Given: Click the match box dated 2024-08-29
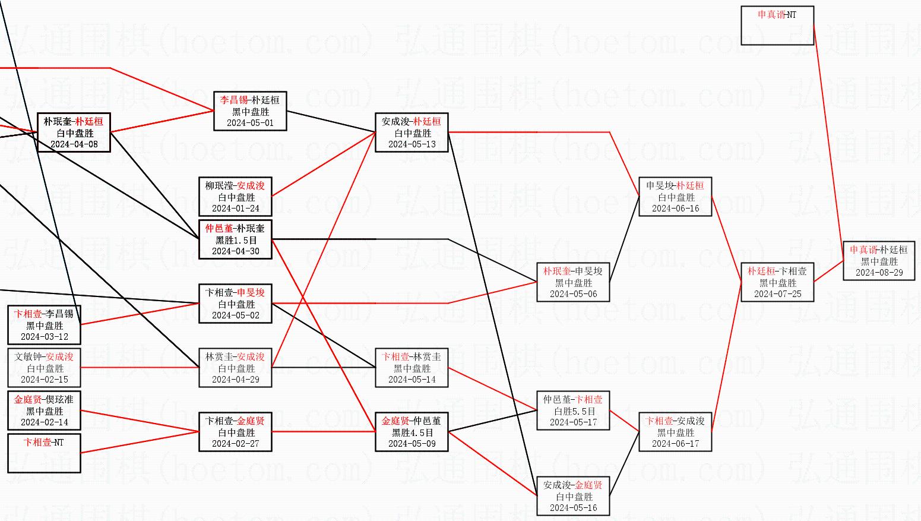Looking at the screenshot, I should (x=879, y=261).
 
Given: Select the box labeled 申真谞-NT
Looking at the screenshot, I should (x=777, y=26).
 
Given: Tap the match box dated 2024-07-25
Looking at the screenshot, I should (x=777, y=282).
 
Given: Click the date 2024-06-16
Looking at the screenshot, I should (x=675, y=209).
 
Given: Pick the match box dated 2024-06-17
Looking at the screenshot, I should (x=675, y=432).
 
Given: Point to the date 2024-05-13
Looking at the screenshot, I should (x=412, y=144).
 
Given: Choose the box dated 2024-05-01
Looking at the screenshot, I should (x=250, y=111).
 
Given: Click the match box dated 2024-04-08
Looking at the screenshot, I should (x=74, y=132).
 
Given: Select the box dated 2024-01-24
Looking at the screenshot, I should (x=235, y=197).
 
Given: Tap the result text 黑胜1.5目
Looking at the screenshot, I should (x=236, y=240).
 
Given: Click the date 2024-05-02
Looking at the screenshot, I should (x=235, y=315).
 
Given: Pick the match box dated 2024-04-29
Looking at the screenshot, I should (x=235, y=368).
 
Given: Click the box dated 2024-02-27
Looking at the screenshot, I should (x=235, y=432).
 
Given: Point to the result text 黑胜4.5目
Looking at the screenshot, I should (x=412, y=432).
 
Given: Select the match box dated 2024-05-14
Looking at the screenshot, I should (x=412, y=368).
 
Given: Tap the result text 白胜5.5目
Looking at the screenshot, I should (x=573, y=411).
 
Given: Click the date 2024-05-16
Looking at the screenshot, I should (x=573, y=508).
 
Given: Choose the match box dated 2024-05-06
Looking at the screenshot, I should (x=573, y=282).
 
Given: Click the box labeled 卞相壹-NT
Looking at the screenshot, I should (x=44, y=453).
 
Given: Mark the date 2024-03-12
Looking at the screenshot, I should (x=45, y=337).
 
